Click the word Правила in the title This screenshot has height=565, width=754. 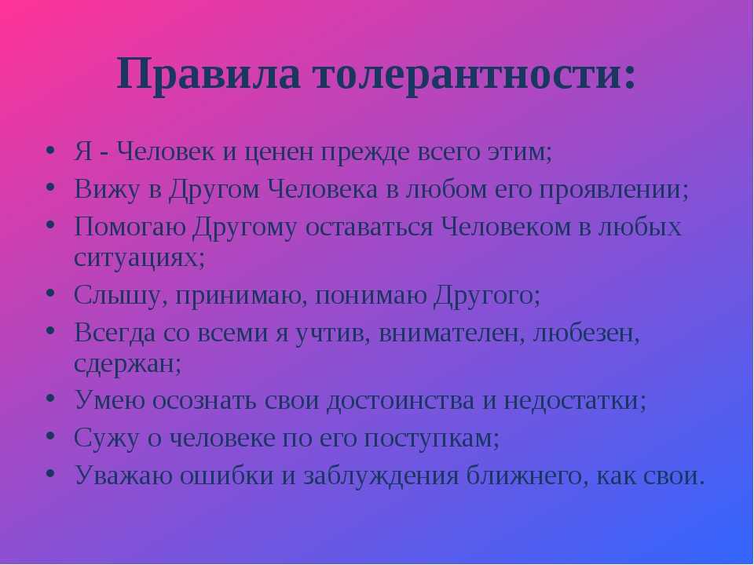[x=209, y=75]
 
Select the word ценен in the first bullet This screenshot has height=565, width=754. [x=280, y=153]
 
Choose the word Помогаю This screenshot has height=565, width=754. [x=130, y=227]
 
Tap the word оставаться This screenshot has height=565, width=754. [x=369, y=228]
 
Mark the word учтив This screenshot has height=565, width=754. [x=333, y=333]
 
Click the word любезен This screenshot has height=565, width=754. [x=586, y=334]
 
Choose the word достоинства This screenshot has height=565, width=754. [x=400, y=401]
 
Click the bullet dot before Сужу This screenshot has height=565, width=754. [x=50, y=436]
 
